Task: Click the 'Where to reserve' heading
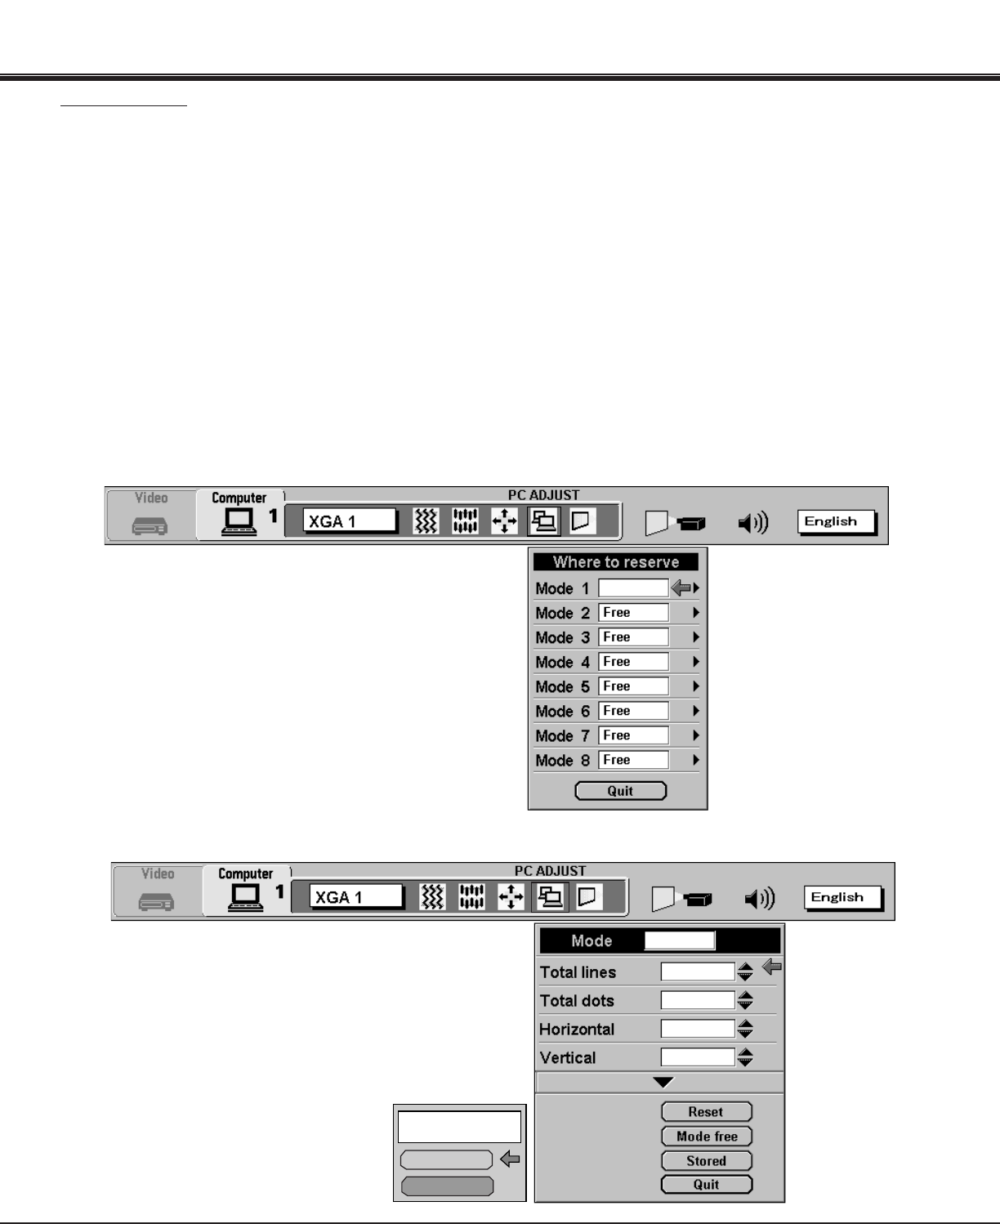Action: [x=616, y=562]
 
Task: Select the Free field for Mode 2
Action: [x=633, y=613]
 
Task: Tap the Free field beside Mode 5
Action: [x=633, y=686]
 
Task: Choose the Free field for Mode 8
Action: [x=633, y=760]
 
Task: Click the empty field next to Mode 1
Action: [x=633, y=588]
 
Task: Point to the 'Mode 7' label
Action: [x=562, y=735]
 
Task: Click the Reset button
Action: [x=706, y=1112]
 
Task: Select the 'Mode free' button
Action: [x=706, y=1137]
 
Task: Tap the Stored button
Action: [x=706, y=1160]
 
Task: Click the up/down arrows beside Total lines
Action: [x=745, y=972]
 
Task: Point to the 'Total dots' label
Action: [x=577, y=1001]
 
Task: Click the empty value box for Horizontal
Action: [x=698, y=1029]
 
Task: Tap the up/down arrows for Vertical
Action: [x=745, y=1057]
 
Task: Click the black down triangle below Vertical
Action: [x=663, y=1083]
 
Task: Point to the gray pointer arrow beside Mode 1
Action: [x=681, y=587]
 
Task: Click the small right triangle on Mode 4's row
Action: [x=696, y=662]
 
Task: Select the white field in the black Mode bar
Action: [x=679, y=940]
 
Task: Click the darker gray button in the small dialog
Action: [x=447, y=1186]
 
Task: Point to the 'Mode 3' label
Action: [x=562, y=637]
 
